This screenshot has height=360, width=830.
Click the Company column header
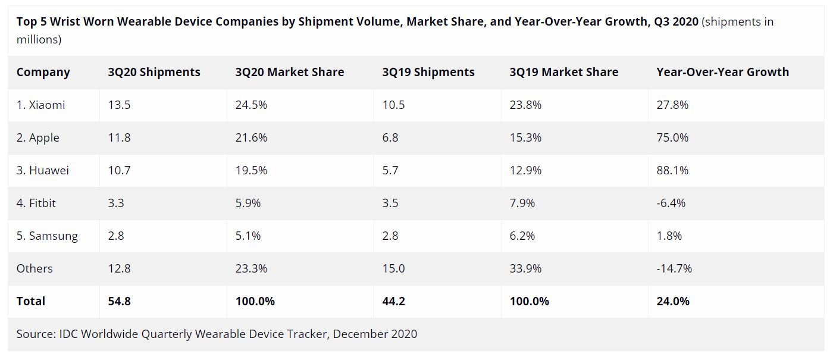pyautogui.click(x=43, y=72)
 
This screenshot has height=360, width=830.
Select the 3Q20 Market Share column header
pyautogui.click(x=289, y=72)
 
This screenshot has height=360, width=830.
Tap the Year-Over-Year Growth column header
pyautogui.click(x=722, y=72)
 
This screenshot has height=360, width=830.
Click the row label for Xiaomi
pyautogui.click(x=40, y=105)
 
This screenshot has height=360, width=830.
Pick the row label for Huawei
pyautogui.click(x=42, y=170)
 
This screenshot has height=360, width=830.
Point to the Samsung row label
pyautogui.click(x=47, y=236)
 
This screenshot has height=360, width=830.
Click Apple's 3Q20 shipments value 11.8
pyautogui.click(x=119, y=137)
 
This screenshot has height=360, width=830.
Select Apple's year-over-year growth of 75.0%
pyautogui.click(x=672, y=137)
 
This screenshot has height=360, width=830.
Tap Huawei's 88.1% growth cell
pyautogui.click(x=672, y=170)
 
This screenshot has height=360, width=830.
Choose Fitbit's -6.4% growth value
pyautogui.click(x=671, y=203)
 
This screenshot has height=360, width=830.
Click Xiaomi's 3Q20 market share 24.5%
pyautogui.click(x=251, y=105)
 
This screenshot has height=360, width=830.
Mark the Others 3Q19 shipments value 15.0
pyautogui.click(x=393, y=268)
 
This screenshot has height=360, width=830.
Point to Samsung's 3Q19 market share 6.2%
pyautogui.click(x=522, y=236)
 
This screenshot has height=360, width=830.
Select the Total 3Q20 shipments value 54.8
pyautogui.click(x=119, y=301)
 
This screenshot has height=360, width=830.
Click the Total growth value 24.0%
pyautogui.click(x=673, y=301)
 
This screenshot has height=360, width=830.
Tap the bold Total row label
pyautogui.click(x=31, y=301)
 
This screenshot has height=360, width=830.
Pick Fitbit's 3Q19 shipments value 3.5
pyautogui.click(x=390, y=203)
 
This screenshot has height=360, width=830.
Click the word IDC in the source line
pyautogui.click(x=68, y=334)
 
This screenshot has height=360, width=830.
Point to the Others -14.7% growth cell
pyautogui.click(x=674, y=268)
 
